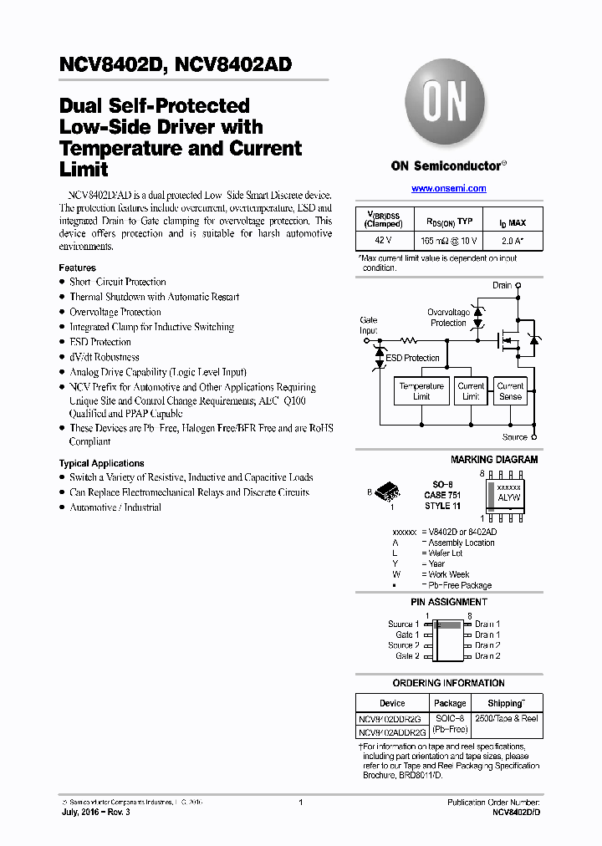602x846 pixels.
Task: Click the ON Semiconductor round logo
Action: point(448,102)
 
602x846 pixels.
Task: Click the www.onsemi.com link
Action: point(448,189)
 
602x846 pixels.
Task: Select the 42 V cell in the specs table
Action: point(382,241)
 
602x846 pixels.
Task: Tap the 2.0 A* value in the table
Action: point(513,241)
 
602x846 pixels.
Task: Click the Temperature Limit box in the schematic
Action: point(421,391)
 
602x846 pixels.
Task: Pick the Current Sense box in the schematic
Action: point(510,391)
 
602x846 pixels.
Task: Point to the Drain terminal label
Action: point(502,285)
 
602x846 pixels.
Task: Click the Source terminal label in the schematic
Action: point(515,436)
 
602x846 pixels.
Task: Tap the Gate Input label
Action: point(368,325)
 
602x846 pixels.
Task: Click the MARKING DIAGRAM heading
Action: point(494,460)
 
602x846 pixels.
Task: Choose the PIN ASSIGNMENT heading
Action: point(449,602)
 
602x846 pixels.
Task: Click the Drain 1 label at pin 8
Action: point(487,624)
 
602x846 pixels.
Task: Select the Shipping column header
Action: point(506,703)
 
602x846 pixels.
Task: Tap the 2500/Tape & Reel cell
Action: point(507,718)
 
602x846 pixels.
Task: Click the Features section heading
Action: point(77,268)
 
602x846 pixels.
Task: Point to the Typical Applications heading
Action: point(101,463)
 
